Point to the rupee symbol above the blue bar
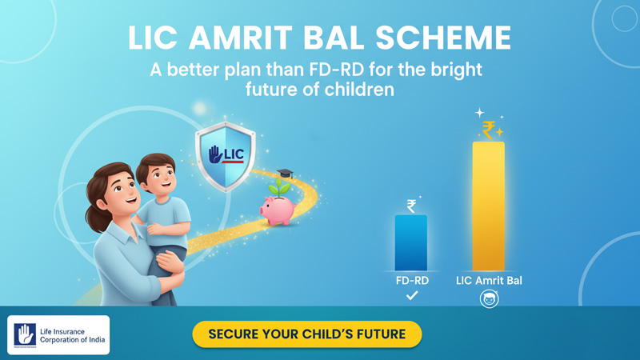(x=411, y=206)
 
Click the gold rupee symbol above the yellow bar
(x=488, y=129)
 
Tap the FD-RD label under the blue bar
(x=411, y=280)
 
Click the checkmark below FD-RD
(x=411, y=296)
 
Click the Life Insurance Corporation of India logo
(x=58, y=334)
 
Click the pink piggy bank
(x=278, y=210)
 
